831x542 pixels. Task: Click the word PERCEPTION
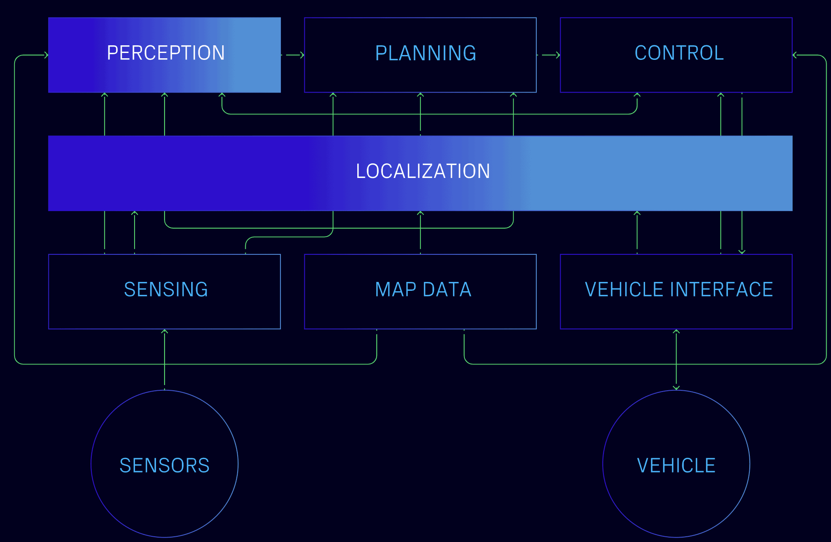(166, 53)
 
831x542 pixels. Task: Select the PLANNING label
(426, 53)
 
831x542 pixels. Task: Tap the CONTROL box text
(679, 53)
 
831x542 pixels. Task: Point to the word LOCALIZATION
(423, 171)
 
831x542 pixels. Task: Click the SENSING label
(166, 290)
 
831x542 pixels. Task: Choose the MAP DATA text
(423, 290)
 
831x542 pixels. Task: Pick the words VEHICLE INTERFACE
(679, 290)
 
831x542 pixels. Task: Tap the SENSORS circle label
(165, 466)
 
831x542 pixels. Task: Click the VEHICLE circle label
(676, 466)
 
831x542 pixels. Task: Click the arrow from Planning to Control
(550, 55)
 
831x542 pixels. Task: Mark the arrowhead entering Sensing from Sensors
(165, 332)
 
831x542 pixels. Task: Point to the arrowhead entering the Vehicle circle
(676, 388)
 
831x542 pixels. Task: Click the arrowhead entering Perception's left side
(46, 55)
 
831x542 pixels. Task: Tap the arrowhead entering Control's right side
(795, 55)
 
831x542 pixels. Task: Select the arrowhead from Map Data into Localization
(420, 213)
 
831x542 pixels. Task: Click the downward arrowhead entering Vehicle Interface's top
(742, 252)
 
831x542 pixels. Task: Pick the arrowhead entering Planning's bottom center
(420, 95)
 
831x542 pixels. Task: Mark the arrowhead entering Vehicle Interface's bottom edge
(676, 332)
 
